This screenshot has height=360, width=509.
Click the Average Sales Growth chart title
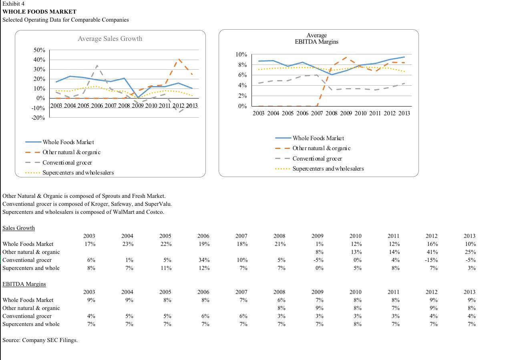pos(110,39)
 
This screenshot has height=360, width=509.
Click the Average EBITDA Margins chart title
pos(316,38)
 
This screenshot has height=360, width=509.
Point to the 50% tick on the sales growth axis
pos(39,50)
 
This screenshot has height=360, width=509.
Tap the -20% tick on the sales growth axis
pos(39,118)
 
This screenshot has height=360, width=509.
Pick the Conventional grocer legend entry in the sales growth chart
pos(67,163)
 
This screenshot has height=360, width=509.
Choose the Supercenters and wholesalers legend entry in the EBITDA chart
pos(328,169)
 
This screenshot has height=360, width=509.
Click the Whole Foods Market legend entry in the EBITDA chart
pos(318,138)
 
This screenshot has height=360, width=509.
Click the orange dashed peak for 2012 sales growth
pos(179,59)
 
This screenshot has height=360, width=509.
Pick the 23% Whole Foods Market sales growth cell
pos(127,244)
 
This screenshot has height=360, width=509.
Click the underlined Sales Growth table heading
pos(18,228)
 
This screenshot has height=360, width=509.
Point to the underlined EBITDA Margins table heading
pos(24,284)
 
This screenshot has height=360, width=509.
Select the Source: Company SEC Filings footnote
pos(40,340)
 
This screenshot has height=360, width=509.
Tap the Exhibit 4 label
pos(14,4)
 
